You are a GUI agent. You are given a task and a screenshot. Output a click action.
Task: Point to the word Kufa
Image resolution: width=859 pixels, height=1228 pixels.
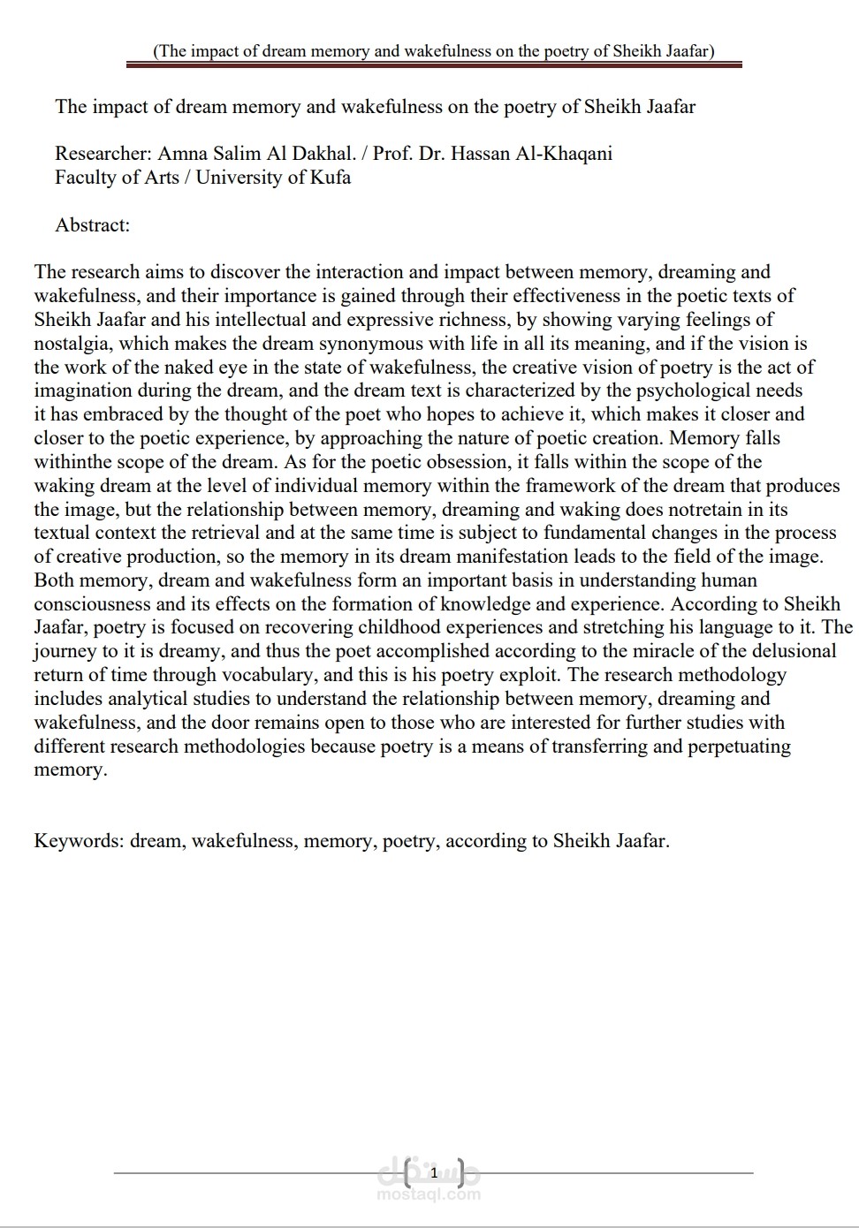pos(331,178)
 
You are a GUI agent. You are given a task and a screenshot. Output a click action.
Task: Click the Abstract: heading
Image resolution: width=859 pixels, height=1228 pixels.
pos(93,225)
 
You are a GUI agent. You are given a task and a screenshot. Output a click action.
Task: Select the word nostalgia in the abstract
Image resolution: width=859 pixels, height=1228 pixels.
pos(72,344)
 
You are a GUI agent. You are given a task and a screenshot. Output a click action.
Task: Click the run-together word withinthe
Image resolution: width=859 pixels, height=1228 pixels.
pos(78,462)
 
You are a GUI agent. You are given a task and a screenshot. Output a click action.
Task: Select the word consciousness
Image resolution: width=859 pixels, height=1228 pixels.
pos(97,604)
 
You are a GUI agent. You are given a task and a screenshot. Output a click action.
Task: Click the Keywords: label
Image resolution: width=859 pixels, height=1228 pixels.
pos(79,841)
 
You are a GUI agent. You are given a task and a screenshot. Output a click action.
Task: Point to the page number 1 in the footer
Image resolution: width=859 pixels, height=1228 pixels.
pos(433,1173)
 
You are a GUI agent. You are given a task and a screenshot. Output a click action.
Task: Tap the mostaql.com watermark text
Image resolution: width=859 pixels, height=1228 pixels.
pos(429,1194)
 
